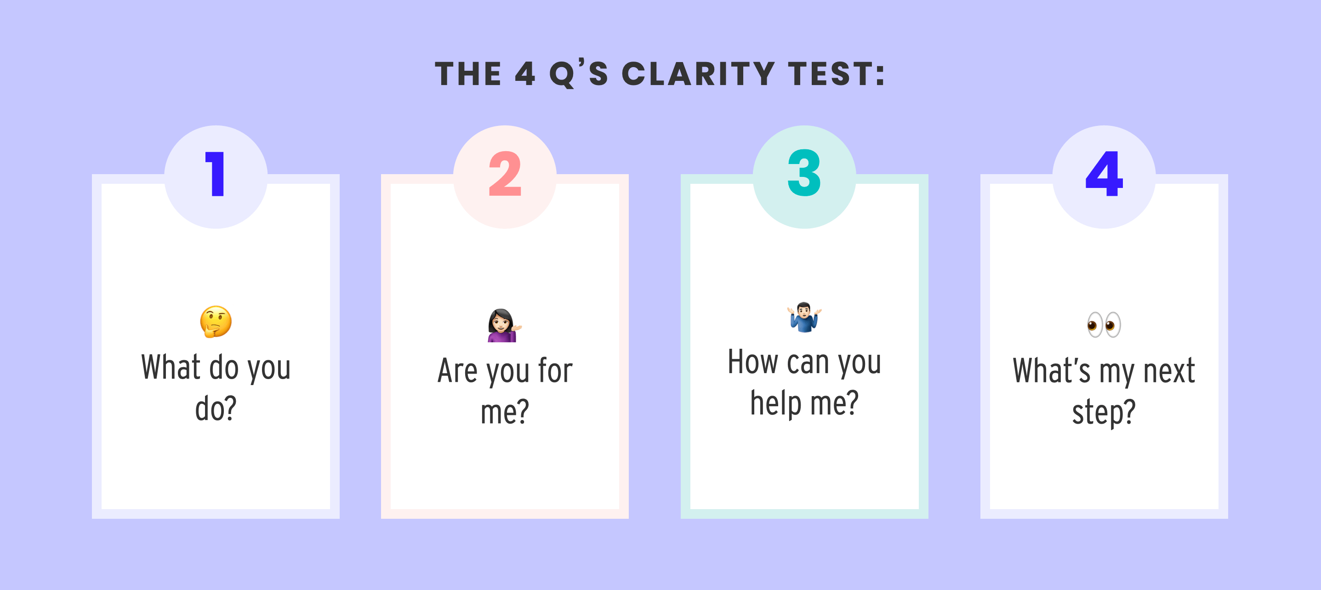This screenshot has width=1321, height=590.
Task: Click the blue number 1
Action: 216,174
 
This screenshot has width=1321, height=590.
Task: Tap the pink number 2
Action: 505,174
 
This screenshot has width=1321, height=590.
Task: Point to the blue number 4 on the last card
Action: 1104,174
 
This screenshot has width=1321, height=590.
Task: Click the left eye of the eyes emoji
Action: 1094,324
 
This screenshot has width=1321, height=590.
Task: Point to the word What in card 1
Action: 171,368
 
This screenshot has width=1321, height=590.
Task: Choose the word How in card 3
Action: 753,362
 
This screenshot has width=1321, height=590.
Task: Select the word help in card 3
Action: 775,403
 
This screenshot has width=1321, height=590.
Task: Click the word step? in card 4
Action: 1104,413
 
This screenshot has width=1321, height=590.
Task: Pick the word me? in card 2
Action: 505,413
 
